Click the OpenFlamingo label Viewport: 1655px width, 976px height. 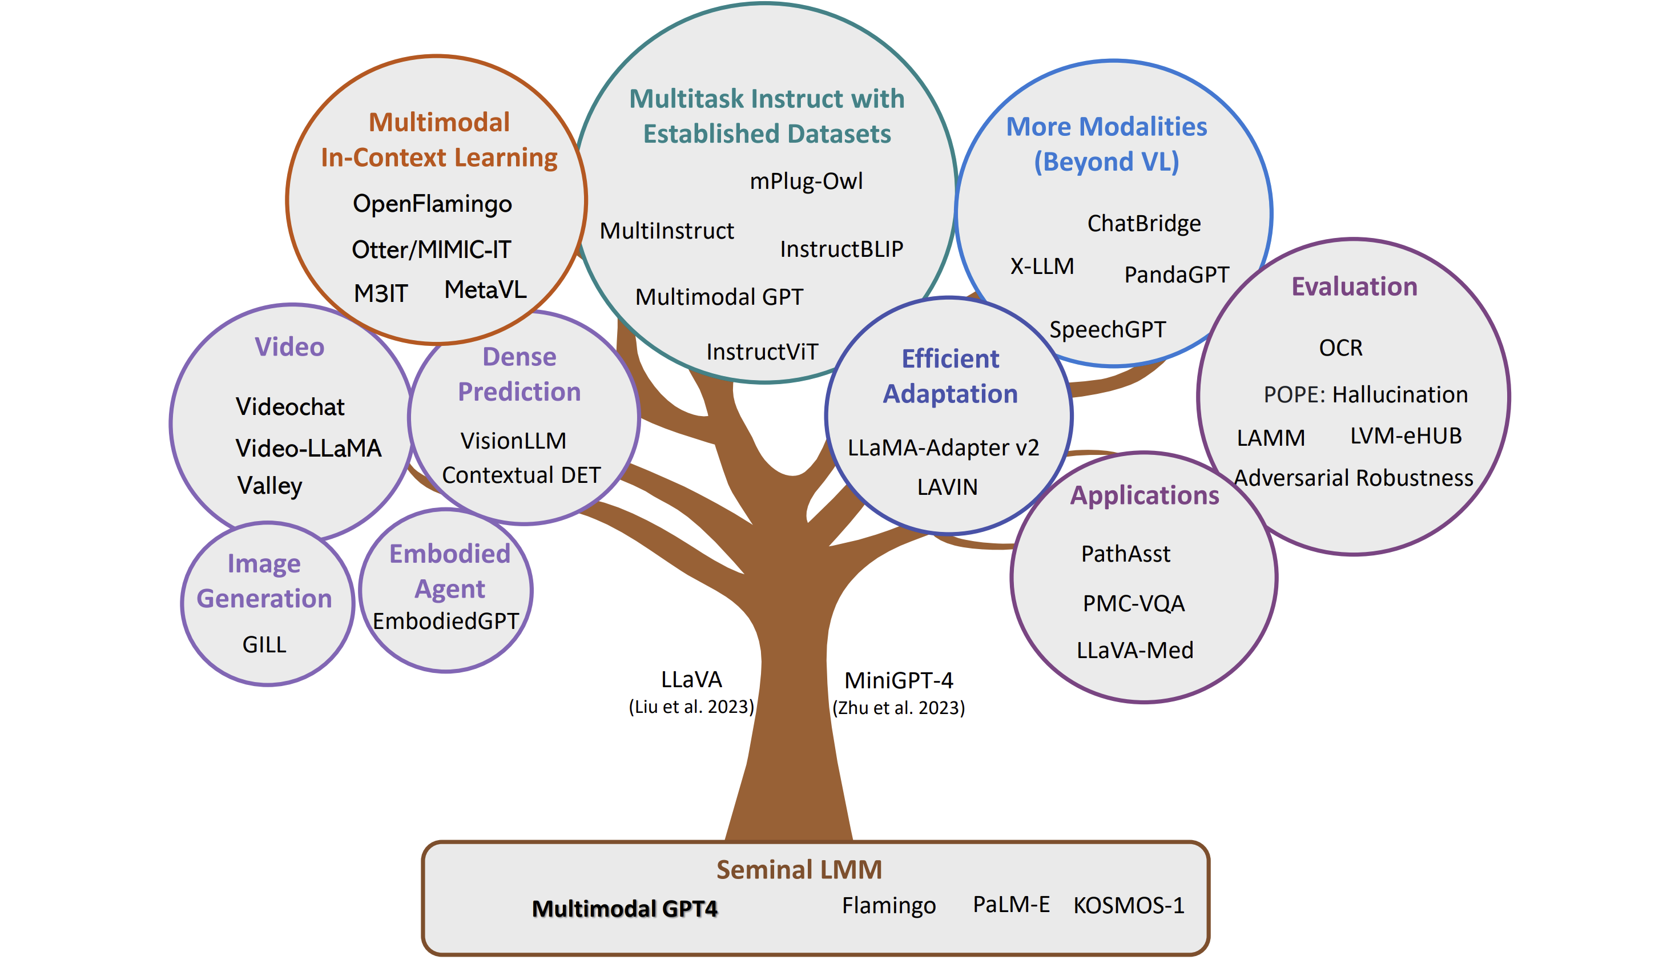(x=432, y=204)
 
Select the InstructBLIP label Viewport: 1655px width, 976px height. (x=841, y=249)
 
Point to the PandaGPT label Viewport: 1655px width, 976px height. (x=1176, y=275)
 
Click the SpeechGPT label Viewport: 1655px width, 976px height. (x=1107, y=329)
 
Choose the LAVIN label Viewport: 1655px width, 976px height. (x=947, y=487)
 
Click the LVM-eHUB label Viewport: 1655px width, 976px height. (x=1406, y=435)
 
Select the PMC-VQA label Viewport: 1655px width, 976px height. (x=1133, y=603)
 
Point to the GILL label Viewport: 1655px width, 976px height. (x=264, y=644)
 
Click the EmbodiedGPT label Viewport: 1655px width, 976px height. (x=446, y=621)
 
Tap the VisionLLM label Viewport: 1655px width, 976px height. (x=513, y=441)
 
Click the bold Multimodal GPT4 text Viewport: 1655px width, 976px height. (x=624, y=908)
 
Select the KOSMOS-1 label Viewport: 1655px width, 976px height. (x=1129, y=906)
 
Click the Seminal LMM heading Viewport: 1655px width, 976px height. (x=799, y=869)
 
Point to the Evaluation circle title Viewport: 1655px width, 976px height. (x=1354, y=287)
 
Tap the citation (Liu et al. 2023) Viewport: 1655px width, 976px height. (x=691, y=707)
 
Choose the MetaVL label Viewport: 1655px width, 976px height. (x=485, y=289)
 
